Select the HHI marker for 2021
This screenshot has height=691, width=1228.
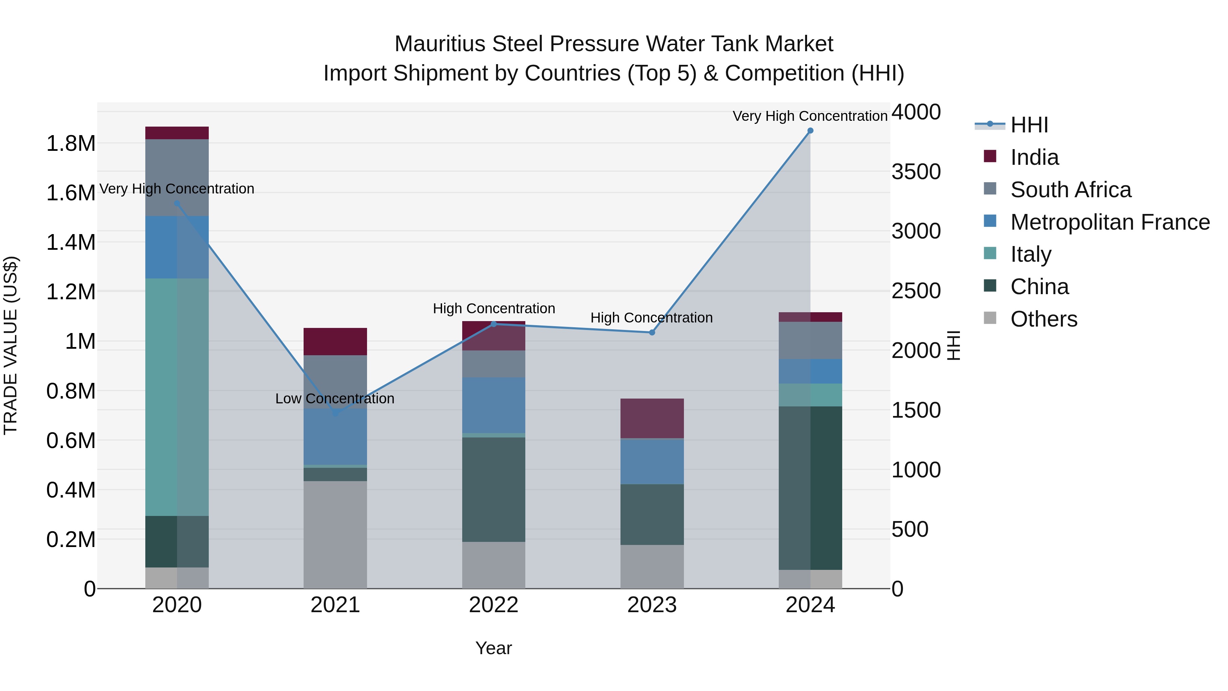pyautogui.click(x=335, y=413)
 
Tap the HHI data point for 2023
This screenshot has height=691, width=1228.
pyautogui.click(x=652, y=332)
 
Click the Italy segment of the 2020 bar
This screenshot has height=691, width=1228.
pyautogui.click(x=177, y=397)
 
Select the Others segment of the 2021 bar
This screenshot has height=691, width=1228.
pyautogui.click(x=335, y=534)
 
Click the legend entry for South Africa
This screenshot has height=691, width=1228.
pyautogui.click(x=1070, y=190)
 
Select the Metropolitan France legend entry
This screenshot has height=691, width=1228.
pyautogui.click(x=1110, y=222)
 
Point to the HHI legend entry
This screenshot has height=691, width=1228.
pyautogui.click(x=1029, y=125)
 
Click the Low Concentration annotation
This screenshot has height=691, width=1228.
pyautogui.click(x=335, y=399)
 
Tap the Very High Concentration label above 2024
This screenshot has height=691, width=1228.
pyautogui.click(x=809, y=116)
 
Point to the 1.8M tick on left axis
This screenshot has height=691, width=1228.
pyautogui.click(x=71, y=144)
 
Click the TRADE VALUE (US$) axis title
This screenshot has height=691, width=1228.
pyautogui.click(x=11, y=345)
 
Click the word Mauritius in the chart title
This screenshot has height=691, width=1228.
pyautogui.click(x=440, y=44)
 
